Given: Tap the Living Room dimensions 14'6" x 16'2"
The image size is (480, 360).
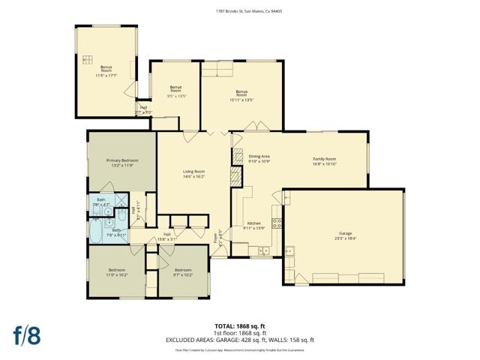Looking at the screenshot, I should (x=193, y=176).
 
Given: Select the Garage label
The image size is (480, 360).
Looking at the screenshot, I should (x=345, y=233).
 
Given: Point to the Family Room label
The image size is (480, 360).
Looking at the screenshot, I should (x=324, y=159).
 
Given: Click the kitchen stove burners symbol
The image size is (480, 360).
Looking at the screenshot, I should (x=276, y=222).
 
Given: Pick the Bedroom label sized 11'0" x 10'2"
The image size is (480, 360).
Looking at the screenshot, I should (x=116, y=270).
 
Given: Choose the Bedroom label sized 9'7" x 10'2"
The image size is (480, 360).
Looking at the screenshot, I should (x=184, y=270).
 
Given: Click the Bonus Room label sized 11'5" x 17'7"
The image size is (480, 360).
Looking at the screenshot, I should (x=106, y=67).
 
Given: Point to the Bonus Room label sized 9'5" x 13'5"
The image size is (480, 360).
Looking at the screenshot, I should (x=175, y=90).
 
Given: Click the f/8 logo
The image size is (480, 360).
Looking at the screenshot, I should (x=26, y=335).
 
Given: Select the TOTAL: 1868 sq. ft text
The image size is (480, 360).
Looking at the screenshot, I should (x=239, y=325).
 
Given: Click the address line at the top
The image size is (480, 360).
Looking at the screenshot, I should (x=239, y=11).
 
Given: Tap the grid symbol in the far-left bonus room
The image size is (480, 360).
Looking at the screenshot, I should (x=87, y=59).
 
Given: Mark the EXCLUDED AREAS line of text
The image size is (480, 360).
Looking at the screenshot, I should (x=239, y=340).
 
